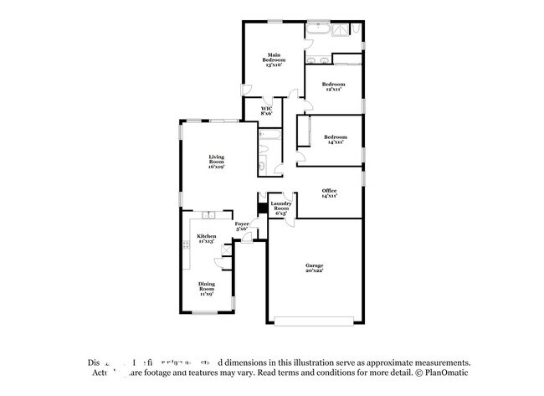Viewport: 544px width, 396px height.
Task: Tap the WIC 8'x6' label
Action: click(x=266, y=111)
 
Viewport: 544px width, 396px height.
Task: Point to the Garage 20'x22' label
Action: click(x=314, y=268)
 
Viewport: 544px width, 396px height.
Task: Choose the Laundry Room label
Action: click(x=280, y=208)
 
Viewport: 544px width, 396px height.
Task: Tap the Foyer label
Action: click(x=242, y=226)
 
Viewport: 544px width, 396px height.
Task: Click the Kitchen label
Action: click(x=206, y=239)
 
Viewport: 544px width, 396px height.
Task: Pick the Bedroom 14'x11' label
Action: click(x=336, y=139)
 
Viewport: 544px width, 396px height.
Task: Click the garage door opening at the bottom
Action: click(x=315, y=320)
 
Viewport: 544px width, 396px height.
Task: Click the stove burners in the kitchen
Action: click(x=186, y=244)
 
